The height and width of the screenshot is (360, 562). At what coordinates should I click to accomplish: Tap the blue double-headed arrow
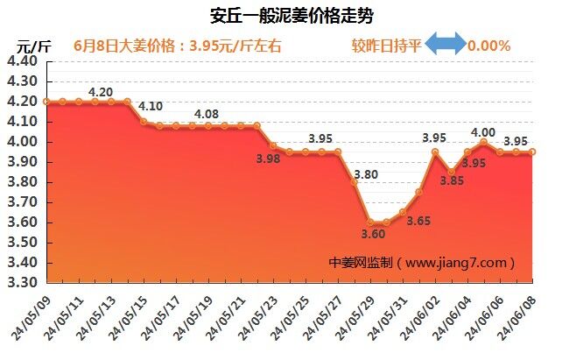pos(446,45)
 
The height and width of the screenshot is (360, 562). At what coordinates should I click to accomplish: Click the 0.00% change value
pos(489,45)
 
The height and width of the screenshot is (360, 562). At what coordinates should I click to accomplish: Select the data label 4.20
pos(102,91)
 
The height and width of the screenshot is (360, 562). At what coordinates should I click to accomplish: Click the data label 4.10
pos(151,107)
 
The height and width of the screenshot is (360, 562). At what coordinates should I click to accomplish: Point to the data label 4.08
pos(207,114)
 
